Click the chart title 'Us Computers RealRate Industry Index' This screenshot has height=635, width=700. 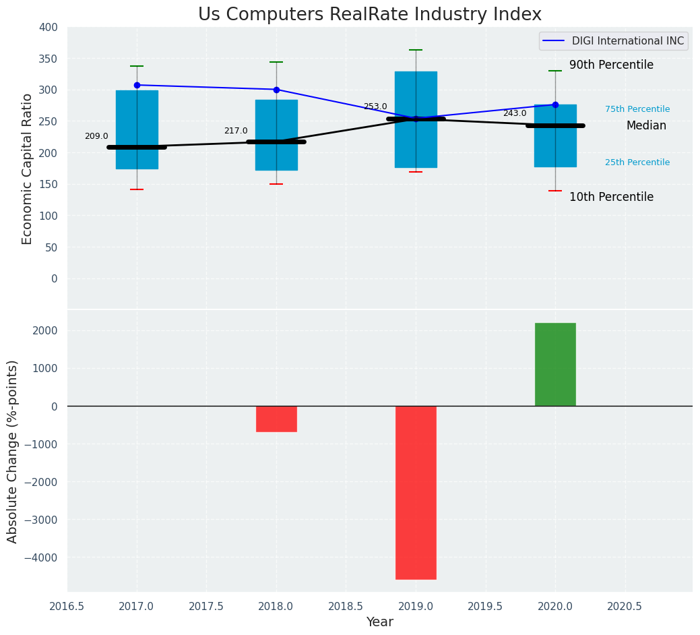[369, 15]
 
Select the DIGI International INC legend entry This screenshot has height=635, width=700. [613, 41]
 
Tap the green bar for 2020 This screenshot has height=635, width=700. [555, 364]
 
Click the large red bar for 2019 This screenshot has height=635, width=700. [416, 492]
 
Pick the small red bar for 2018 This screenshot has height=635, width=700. [276, 419]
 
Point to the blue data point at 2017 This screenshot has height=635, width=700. [137, 85]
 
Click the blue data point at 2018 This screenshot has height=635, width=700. [276, 90]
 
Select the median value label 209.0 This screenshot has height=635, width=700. [96, 136]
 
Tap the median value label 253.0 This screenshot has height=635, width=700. [375, 107]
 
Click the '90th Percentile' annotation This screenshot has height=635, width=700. [611, 65]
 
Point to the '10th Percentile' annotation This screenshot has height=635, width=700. [611, 198]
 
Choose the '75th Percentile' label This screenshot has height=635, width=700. [637, 109]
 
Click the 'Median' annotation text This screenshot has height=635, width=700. [646, 126]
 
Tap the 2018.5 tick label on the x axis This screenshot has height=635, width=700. [346, 606]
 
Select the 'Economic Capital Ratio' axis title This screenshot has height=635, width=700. [28, 169]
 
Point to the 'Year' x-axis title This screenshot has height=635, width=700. [380, 622]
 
